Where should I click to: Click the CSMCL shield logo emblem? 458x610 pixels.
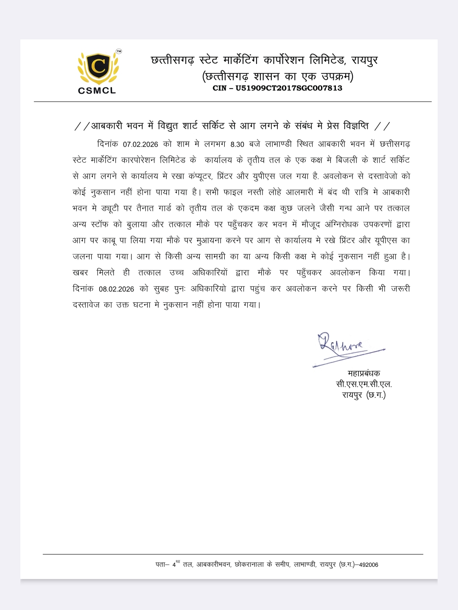coord(98,68)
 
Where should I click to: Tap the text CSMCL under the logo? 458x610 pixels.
coord(97,90)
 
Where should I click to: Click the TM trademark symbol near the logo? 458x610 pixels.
coord(119,51)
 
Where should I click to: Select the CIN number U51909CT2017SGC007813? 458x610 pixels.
coord(289,88)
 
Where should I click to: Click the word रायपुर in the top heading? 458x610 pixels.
coord(364,60)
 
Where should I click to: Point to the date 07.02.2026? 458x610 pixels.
coord(140,144)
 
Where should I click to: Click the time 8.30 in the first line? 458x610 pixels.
coord(237,144)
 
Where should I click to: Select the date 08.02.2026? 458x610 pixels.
coord(116,289)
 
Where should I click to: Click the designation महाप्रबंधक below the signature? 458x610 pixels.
coord(364,373)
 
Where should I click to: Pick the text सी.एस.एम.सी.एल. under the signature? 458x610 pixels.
coord(364,384)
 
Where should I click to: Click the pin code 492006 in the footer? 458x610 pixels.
coord(369,565)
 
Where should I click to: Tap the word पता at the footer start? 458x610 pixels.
coord(162,565)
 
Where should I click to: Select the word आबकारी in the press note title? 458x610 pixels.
coord(106,126)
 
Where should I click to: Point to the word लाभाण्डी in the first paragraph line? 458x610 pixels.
coord(278,144)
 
